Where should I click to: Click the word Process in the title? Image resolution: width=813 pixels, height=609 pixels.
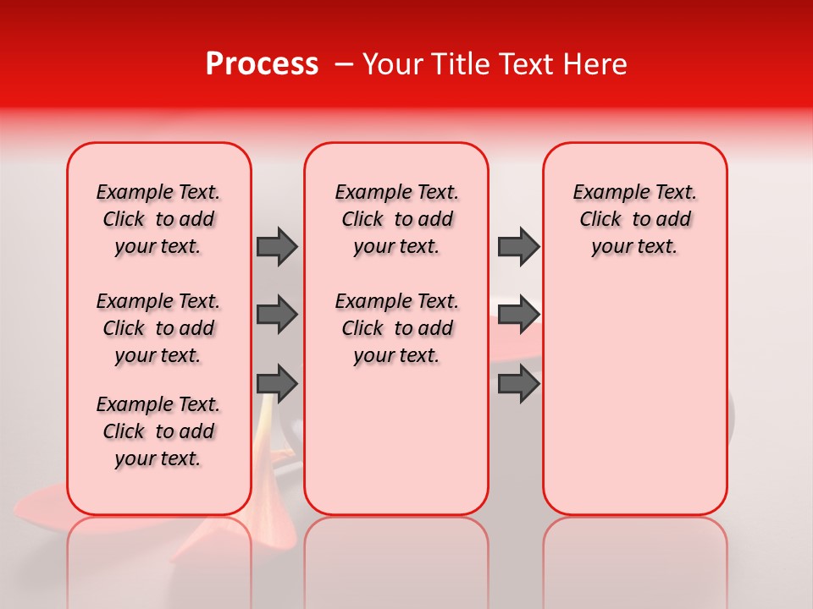point(262,64)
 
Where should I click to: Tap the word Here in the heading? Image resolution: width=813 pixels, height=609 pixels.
point(597,64)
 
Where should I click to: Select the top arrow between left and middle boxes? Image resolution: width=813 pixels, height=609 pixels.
point(277,246)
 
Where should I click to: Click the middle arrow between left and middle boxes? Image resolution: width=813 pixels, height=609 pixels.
point(277,315)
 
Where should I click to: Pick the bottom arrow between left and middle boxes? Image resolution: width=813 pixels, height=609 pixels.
point(277,384)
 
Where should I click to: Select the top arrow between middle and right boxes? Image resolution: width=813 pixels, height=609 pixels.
point(518,246)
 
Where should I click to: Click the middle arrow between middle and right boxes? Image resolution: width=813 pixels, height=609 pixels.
point(518,315)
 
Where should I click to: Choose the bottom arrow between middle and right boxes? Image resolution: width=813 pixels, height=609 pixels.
point(518,384)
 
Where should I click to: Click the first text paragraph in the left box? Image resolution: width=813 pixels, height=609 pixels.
point(158,219)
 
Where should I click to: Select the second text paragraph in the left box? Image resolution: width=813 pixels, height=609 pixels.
point(158,328)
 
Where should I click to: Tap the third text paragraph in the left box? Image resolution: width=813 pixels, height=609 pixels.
point(158,431)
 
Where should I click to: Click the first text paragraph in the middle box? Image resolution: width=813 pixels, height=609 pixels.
point(396,219)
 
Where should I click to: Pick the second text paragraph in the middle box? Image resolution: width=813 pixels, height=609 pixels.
point(396,328)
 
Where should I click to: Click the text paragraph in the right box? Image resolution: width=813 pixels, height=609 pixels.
point(634,219)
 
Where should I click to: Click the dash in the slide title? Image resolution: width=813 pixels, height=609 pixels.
point(343,65)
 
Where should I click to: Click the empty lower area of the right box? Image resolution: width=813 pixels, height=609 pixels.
point(634,406)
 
